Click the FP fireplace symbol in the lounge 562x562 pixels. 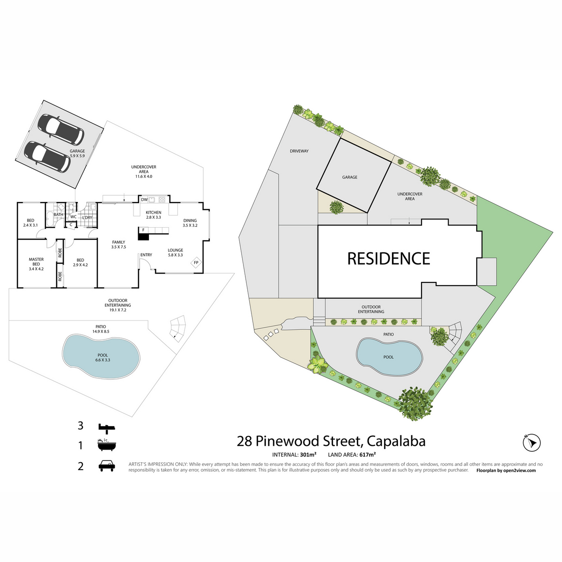(196, 263)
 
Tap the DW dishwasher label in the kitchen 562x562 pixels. (144, 200)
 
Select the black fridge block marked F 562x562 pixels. (143, 233)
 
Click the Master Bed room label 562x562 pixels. (36, 264)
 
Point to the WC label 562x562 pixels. (74, 217)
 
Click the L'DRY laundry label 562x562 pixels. (88, 218)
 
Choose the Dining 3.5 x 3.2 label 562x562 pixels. (190, 223)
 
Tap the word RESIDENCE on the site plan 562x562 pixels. (388, 259)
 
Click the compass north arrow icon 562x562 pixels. (532, 442)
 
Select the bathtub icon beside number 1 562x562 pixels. (106, 445)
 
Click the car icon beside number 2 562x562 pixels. (107, 466)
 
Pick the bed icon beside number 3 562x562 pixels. (106, 427)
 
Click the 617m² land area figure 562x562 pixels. (368, 454)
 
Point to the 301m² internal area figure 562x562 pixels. (308, 454)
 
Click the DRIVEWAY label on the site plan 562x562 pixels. (299, 151)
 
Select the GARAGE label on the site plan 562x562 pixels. (349, 177)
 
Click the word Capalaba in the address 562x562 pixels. (396, 441)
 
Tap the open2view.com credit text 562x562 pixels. (520, 470)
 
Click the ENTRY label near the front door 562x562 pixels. (146, 255)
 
